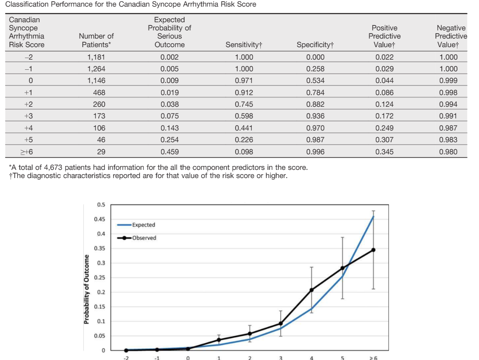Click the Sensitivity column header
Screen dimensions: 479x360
click(x=244, y=45)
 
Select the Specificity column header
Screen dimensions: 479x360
click(x=315, y=45)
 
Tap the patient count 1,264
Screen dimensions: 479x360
click(x=96, y=69)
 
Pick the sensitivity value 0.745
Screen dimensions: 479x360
click(x=244, y=104)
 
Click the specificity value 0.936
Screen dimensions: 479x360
click(x=315, y=116)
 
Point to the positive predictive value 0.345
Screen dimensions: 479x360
click(x=385, y=152)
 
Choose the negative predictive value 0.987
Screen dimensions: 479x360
click(x=448, y=128)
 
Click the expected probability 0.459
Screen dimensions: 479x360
click(x=170, y=152)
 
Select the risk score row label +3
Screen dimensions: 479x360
click(x=28, y=116)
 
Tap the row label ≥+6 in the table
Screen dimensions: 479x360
click(x=27, y=152)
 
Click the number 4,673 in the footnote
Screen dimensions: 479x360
click(x=53, y=168)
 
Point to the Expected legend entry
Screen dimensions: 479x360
click(x=136, y=225)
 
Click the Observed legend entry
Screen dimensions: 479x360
click(x=137, y=238)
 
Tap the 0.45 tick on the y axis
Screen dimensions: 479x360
click(x=99, y=219)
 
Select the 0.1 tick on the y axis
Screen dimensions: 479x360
click(x=101, y=321)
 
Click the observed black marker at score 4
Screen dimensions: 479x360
click(x=312, y=290)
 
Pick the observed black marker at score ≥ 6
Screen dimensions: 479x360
click(x=373, y=250)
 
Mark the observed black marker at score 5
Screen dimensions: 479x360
click(x=342, y=268)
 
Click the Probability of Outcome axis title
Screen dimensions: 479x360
click(x=87, y=289)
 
